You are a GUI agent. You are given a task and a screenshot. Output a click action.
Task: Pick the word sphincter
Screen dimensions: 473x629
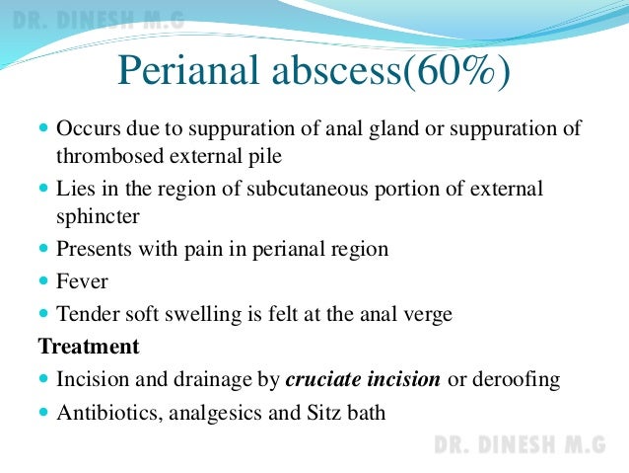click(x=95, y=213)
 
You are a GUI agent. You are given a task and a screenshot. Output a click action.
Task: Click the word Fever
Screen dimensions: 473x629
click(x=81, y=281)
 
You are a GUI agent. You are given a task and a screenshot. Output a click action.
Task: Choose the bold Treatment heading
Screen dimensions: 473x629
click(x=88, y=347)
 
